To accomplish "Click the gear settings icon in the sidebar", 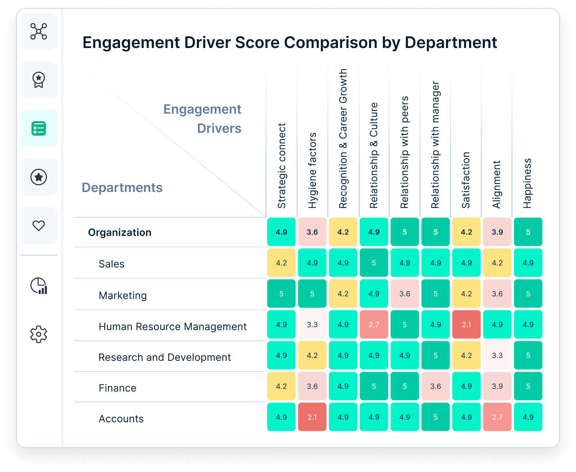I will tap(39, 334).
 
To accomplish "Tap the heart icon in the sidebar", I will tap(39, 226).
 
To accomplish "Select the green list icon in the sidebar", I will tap(39, 128).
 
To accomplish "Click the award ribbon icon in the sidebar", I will tap(39, 80).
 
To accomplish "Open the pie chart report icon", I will tap(39, 286).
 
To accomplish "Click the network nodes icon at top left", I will tap(39, 31).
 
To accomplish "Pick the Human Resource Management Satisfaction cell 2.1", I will tap(466, 324).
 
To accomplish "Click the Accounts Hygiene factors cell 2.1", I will tap(312, 417).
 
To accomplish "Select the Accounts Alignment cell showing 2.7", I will tap(497, 417).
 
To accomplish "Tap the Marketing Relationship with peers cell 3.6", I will tap(405, 294).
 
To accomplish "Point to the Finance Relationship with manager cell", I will tap(436, 386).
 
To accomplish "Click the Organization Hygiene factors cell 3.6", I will tap(312, 232).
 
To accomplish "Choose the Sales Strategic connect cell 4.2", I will tap(282, 263).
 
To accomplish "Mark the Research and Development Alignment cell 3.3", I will tap(497, 355).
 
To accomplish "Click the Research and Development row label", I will tap(165, 357).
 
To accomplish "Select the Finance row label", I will tap(118, 388).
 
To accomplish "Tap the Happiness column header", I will tap(528, 183).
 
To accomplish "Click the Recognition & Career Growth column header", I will tap(343, 138).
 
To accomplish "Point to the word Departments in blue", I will tap(122, 188).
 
